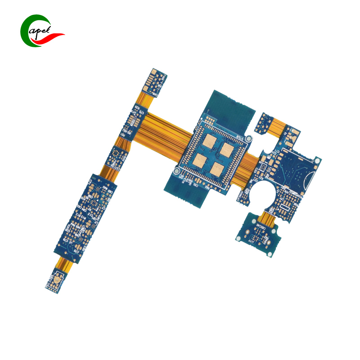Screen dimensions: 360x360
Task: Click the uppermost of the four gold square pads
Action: (211, 142)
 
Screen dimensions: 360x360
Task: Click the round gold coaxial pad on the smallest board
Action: (57, 281)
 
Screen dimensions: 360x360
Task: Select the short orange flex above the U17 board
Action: (266, 219)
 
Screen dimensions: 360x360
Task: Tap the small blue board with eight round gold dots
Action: (264, 123)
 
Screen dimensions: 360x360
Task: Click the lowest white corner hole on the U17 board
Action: (269, 255)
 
